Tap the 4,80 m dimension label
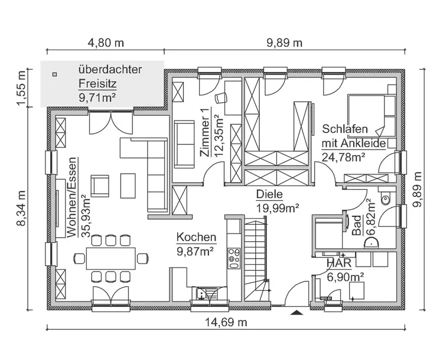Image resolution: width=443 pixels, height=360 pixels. coord(106,43)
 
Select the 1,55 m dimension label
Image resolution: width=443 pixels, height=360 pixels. coord(22,88)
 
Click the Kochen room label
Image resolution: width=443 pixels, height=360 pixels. coord(196,237)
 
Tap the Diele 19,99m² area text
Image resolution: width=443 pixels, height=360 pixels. coord(277,207)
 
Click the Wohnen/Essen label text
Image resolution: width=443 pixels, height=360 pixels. coord(72,197)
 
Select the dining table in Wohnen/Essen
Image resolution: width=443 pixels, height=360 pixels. coord(110,258)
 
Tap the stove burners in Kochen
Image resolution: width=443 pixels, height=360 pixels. coord(233,255)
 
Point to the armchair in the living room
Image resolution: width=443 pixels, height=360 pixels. coord(100,186)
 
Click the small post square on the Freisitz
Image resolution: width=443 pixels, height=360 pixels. coord(54,74)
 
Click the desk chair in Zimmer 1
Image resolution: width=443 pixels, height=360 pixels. coord(222,98)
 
